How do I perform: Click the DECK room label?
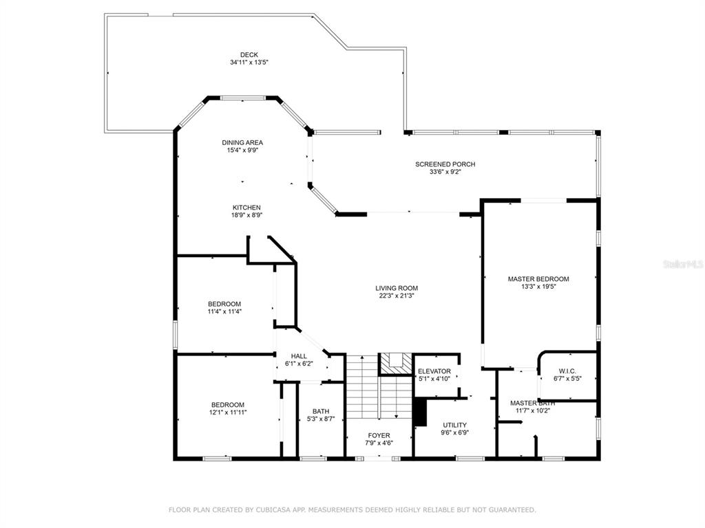click(249, 55)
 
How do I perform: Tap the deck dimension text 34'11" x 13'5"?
click(249, 63)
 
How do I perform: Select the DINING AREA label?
click(242, 143)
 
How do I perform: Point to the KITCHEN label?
click(246, 208)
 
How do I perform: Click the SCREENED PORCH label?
click(445, 164)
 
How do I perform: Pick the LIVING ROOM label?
click(397, 288)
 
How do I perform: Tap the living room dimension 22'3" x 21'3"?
click(397, 296)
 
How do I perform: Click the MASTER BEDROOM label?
click(538, 279)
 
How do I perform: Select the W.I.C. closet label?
click(567, 371)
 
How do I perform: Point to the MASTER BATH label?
click(532, 403)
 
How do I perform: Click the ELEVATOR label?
click(434, 371)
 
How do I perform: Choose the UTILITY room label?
click(455, 425)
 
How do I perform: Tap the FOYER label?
click(379, 435)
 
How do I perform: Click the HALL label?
click(299, 356)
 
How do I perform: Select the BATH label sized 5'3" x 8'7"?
click(321, 411)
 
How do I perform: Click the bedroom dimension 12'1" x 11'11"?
click(228, 412)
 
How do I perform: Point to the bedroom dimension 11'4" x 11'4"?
click(224, 311)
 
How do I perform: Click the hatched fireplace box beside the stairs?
click(396, 364)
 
